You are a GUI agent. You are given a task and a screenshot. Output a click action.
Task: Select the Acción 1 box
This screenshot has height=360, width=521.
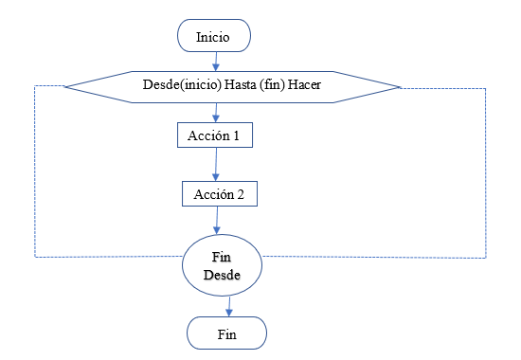click(216, 135)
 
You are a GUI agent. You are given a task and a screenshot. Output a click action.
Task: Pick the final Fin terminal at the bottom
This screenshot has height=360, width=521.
click(226, 333)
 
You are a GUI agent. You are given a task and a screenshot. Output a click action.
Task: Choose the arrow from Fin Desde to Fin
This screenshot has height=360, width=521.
click(227, 306)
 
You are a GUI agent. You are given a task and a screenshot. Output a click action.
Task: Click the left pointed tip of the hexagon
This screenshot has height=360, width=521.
click(65, 86)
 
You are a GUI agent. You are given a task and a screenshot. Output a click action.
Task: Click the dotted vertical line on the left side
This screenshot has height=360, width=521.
click(35, 171)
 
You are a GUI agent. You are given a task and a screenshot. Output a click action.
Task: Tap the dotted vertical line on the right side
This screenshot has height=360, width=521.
click(486, 171)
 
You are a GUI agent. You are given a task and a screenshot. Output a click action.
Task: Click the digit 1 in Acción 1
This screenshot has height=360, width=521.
click(239, 135)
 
